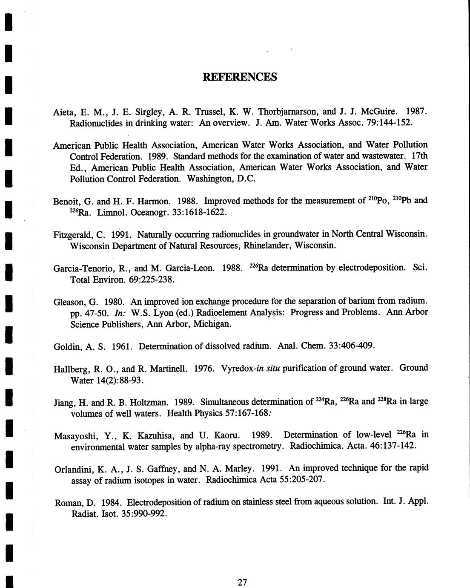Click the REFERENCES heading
pyautogui.click(x=240, y=77)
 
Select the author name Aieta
pyautogui.click(x=64, y=112)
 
